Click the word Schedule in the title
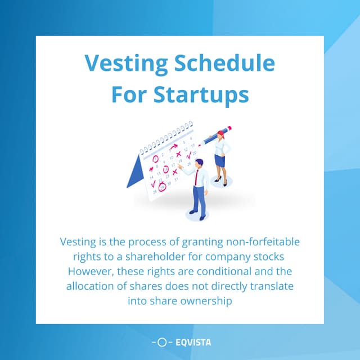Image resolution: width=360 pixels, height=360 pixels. click(224, 63)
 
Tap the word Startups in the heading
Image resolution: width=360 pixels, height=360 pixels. click(201, 94)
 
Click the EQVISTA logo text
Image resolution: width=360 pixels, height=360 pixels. click(193, 343)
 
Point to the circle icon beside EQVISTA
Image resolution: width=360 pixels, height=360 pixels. click(162, 342)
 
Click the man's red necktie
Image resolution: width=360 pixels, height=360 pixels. click(196, 177)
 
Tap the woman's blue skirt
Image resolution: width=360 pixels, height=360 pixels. click(220, 161)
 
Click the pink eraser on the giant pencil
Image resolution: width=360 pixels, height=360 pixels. click(229, 128)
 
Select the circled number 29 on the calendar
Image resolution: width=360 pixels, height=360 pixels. click(162, 187)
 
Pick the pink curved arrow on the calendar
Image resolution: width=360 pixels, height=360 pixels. click(174, 146)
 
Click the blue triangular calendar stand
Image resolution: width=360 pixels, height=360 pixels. click(136, 172)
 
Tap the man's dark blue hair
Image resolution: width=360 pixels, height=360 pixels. click(199, 162)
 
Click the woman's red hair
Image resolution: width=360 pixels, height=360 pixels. click(220, 133)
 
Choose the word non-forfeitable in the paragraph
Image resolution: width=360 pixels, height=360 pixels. click(263, 242)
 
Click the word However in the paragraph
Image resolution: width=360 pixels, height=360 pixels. click(91, 271)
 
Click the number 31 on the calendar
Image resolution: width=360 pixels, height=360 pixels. click(176, 179)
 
